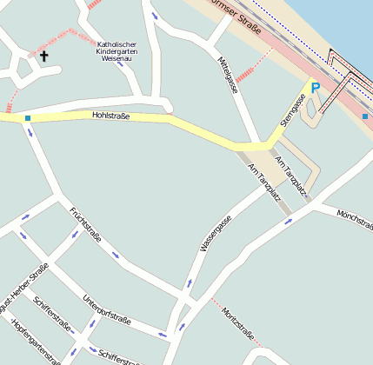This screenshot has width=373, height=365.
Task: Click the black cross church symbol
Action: coord(43,56)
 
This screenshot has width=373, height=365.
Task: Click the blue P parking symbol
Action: coord(315,88)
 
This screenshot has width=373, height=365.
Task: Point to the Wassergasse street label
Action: coord(216,234)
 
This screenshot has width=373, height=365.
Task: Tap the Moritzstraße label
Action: coord(237,323)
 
